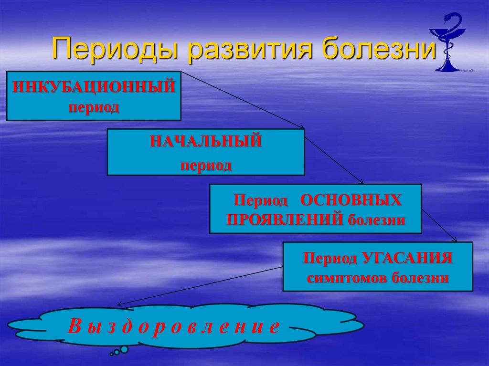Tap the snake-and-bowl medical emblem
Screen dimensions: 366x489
447,42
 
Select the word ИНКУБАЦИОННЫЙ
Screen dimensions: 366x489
94,88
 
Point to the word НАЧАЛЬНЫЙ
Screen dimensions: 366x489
206,142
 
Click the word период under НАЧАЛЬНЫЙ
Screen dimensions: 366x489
206,166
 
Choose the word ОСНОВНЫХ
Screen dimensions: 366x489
351,200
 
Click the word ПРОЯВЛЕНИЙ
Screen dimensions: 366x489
285,220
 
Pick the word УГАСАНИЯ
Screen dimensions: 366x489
406,258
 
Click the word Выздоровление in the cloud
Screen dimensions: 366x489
173,326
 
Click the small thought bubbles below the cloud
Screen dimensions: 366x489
120,351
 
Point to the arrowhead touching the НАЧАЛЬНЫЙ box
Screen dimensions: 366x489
302,127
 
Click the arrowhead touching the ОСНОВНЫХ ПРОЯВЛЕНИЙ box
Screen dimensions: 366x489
361,182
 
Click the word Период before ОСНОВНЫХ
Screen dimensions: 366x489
261,200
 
